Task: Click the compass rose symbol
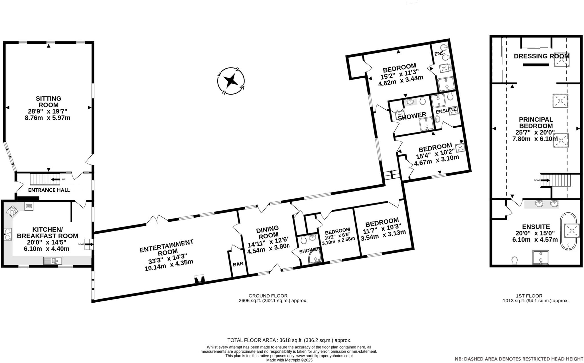point(231,81)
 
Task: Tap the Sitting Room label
point(48,102)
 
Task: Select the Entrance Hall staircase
point(45,179)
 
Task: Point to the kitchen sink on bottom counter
point(53,260)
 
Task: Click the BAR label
point(238,264)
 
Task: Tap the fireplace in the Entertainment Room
point(199,279)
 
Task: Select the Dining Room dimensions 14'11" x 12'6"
point(268,245)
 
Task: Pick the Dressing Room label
point(541,56)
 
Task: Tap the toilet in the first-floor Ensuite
point(515,260)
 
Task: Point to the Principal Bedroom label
point(536,123)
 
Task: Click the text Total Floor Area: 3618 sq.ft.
point(289,340)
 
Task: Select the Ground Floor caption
point(268,296)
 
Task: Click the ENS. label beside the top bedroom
point(439,54)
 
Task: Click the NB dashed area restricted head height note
point(519,359)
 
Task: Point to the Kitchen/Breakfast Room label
point(47,233)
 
